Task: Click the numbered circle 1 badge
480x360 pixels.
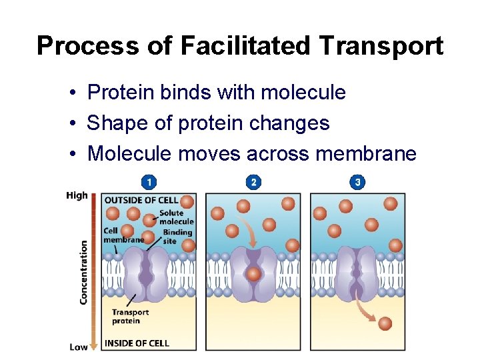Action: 149,182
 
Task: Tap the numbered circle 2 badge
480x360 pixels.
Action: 253,182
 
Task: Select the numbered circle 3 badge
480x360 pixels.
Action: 358,182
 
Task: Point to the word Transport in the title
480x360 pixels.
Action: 381,46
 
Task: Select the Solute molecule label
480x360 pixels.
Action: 176,217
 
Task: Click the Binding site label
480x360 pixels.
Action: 177,236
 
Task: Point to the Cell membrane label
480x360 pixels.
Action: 123,235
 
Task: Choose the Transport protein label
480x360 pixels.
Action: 130,316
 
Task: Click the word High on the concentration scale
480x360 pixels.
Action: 77,195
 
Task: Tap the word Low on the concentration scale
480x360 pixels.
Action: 78,347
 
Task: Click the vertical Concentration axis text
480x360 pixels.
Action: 83,272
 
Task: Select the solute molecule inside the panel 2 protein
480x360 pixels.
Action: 253,275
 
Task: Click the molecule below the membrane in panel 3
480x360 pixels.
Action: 385,323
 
